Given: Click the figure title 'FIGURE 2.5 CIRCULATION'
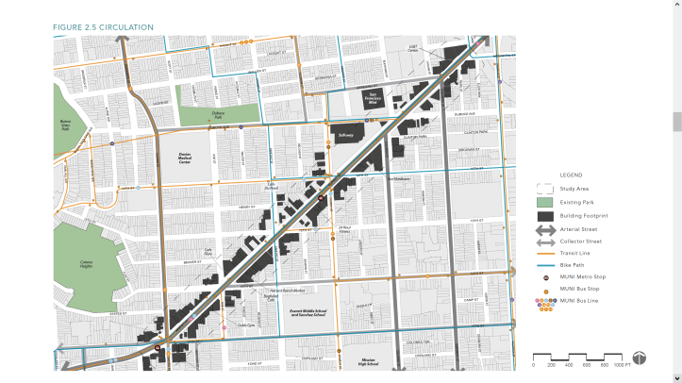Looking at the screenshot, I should point(103,27).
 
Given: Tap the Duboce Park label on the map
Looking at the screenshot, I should point(218,114).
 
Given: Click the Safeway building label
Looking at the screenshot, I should point(344,136).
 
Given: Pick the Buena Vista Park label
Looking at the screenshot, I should point(65,125).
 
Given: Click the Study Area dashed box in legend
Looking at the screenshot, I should point(544,189).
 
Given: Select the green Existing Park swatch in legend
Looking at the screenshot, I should point(544,202).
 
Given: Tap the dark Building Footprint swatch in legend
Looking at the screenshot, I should point(544,216).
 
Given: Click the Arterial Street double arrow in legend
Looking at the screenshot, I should point(544,229).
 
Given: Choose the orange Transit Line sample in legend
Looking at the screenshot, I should point(544,254).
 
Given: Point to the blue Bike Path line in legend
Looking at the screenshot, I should point(544,266).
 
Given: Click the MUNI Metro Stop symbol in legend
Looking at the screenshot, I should point(545,278).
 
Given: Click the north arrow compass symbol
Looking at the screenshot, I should point(640,358).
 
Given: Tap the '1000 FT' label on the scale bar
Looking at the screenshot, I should point(621,364).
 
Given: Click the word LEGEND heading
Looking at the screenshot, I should point(572,175).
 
